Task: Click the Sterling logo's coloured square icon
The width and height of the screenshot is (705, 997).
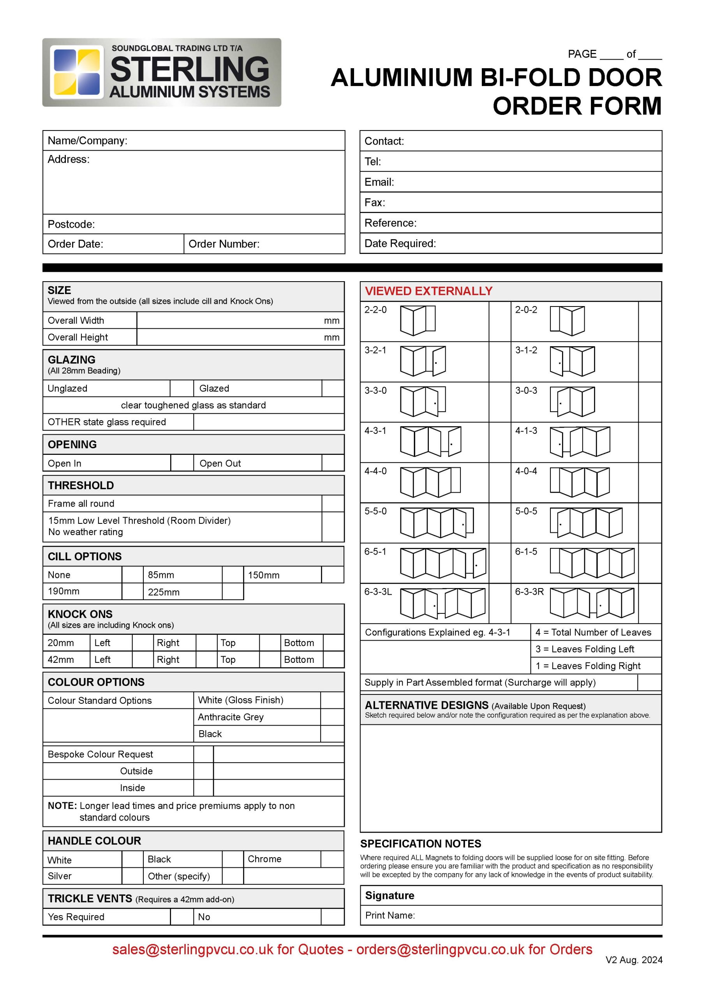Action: point(76,72)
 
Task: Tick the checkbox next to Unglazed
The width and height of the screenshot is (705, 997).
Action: point(182,388)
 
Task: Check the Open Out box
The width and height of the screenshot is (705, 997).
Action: point(333,463)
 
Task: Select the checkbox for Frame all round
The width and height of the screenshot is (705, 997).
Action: point(333,503)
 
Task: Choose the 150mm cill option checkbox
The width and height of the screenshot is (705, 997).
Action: point(333,574)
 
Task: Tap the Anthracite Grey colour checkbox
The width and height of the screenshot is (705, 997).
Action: point(332,717)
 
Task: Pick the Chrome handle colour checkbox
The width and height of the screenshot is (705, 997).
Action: point(332,859)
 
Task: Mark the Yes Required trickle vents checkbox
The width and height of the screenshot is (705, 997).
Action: point(182,917)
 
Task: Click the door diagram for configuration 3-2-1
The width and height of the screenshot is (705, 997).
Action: point(423,361)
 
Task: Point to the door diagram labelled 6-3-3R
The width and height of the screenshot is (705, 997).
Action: point(592,603)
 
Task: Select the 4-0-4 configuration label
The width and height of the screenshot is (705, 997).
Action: point(526,471)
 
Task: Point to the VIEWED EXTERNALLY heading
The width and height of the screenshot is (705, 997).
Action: point(428,291)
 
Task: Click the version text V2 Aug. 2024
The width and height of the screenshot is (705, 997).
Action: point(634,960)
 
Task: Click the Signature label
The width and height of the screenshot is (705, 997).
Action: point(390,895)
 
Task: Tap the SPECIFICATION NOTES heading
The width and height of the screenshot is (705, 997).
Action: point(421,844)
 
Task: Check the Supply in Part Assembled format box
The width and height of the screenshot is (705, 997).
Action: point(649,682)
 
